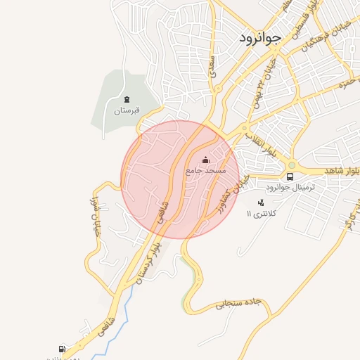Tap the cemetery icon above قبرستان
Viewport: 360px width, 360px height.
tap(127, 99)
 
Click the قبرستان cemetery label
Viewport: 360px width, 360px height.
tap(127, 111)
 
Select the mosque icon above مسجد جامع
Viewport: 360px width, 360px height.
tap(205, 160)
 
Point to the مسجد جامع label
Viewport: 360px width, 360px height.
tap(205, 171)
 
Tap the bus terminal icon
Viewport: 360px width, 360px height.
tap(290, 176)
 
